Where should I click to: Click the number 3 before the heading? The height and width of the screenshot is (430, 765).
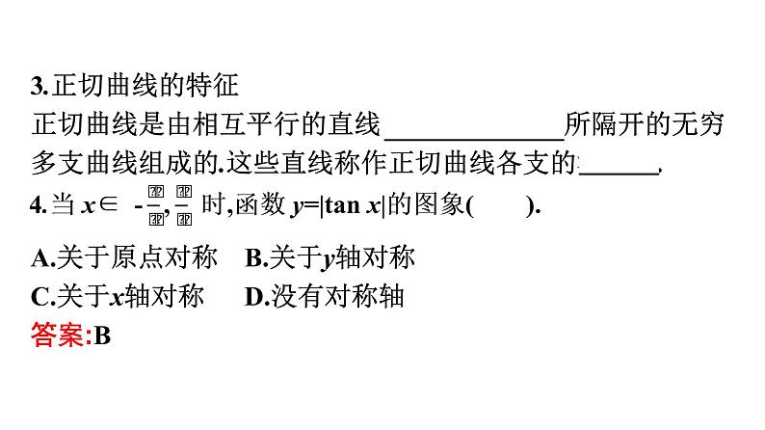tap(37, 89)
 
